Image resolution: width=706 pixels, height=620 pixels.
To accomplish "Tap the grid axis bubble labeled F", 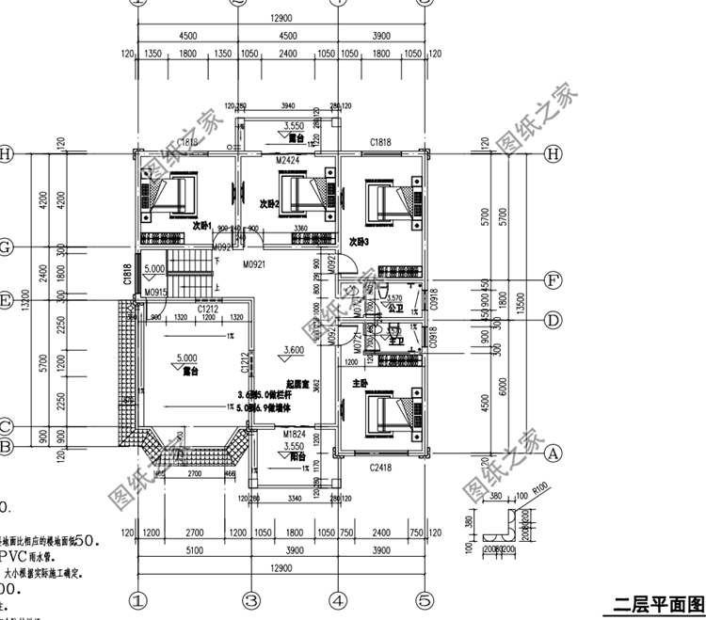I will point(554,279).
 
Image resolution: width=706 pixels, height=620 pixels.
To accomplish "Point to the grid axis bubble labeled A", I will point(554,453).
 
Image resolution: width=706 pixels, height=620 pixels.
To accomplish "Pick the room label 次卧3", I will point(358,242).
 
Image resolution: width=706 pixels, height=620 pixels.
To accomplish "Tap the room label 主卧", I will point(359,384).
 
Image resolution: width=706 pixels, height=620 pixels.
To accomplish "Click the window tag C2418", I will point(380,467).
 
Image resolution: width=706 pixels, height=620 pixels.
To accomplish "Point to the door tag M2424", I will point(287,161).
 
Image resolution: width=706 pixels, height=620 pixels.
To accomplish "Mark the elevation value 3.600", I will point(295,349).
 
